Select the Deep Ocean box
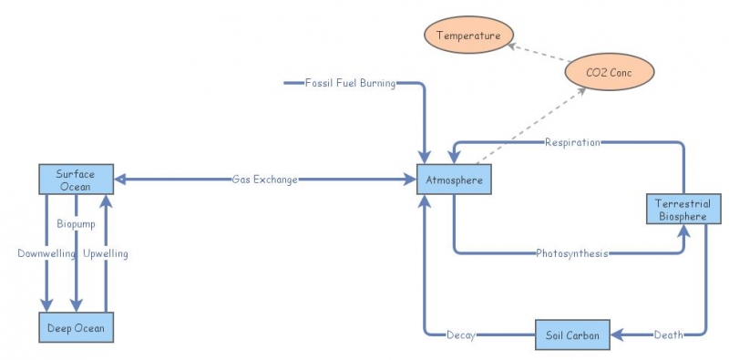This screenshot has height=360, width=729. pos(77,327)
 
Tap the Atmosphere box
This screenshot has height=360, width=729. pos(454,180)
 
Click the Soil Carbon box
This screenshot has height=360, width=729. pos(572,335)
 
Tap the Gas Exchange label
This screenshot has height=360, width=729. pos(264,180)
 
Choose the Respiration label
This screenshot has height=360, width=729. pos(572,142)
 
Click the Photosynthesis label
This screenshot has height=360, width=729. pos(572,252)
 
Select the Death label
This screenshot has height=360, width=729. pos(668,335)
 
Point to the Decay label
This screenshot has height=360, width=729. pos(460,335)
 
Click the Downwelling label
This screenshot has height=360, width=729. pos(46,253)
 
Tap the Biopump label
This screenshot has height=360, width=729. pos(77,223)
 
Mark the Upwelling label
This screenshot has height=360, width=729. pos(106,253)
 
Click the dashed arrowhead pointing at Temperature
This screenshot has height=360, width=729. pos(512,44)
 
